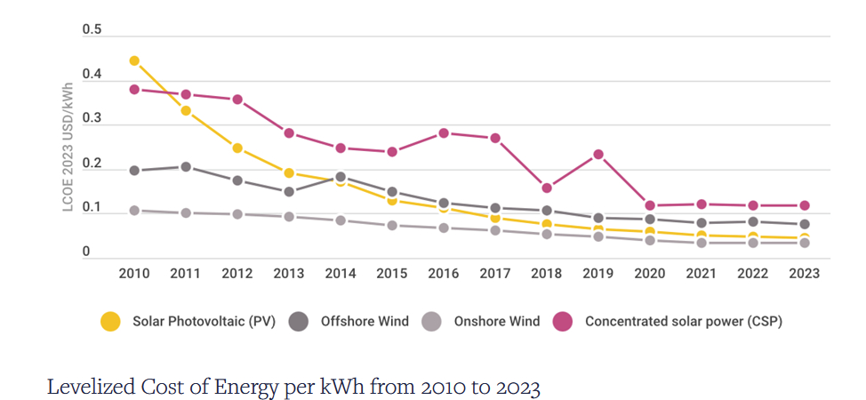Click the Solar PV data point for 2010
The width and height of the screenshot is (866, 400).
point(134,60)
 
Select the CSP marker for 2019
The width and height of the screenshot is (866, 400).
point(598,154)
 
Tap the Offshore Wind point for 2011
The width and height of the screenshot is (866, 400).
point(186,166)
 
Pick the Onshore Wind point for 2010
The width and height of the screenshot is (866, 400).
point(134,211)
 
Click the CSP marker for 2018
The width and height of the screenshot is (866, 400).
point(547,188)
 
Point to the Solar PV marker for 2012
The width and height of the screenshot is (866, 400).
point(237,148)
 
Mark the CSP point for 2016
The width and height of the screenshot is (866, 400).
point(444,132)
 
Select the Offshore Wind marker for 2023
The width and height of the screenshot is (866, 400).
point(805,224)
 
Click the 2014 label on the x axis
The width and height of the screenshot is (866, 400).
point(341,274)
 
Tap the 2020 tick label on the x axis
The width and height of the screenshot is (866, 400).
point(650,274)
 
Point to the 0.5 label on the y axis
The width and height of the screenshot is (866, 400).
point(92,29)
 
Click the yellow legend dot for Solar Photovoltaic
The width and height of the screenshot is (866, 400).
point(110,322)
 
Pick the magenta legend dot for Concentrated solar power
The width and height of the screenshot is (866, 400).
point(564,322)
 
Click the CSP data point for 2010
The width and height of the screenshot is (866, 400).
point(134,89)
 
